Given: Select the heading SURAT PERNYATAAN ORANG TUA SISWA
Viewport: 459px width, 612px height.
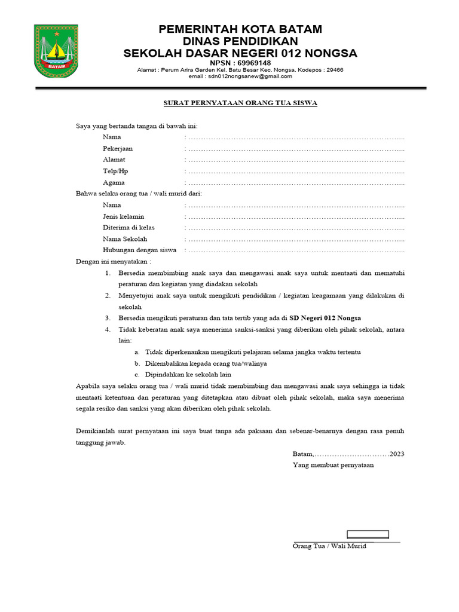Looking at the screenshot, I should tap(240, 103).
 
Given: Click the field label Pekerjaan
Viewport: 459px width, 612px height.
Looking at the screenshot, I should tap(118, 149).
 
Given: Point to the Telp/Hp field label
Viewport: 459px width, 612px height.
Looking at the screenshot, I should tap(115, 172).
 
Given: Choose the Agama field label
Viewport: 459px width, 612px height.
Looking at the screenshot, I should tap(114, 183).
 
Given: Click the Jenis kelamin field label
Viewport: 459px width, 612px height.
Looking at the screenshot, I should tap(123, 216).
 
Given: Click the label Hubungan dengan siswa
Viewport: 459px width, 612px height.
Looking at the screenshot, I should tap(139, 250).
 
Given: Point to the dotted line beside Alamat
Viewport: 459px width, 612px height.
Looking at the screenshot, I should tap(296, 160).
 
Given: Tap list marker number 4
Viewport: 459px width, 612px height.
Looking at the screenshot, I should tap(108, 329).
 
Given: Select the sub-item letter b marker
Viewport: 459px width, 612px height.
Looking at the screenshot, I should tap(137, 363).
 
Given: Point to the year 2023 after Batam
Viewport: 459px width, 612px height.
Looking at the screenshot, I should tap(397, 454).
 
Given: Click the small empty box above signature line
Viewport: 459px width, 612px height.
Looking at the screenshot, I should tap(369, 534).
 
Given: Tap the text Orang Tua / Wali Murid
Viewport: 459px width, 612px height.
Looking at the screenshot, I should tap(329, 547).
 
